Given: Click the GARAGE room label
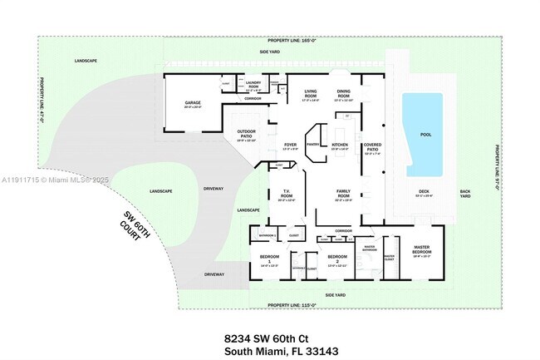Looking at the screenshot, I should pyautogui.click(x=193, y=104).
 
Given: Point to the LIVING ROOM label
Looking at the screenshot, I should pyautogui.click(x=312, y=93).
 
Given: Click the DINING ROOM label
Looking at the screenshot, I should pyautogui.click(x=343, y=93).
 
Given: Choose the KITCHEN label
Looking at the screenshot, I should pyautogui.click(x=341, y=145).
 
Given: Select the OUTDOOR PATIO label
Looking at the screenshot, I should pyautogui.click(x=246, y=132).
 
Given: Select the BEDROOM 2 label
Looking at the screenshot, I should pyautogui.click(x=336, y=258).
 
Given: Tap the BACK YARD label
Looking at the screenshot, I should pyautogui.click(x=465, y=195).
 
